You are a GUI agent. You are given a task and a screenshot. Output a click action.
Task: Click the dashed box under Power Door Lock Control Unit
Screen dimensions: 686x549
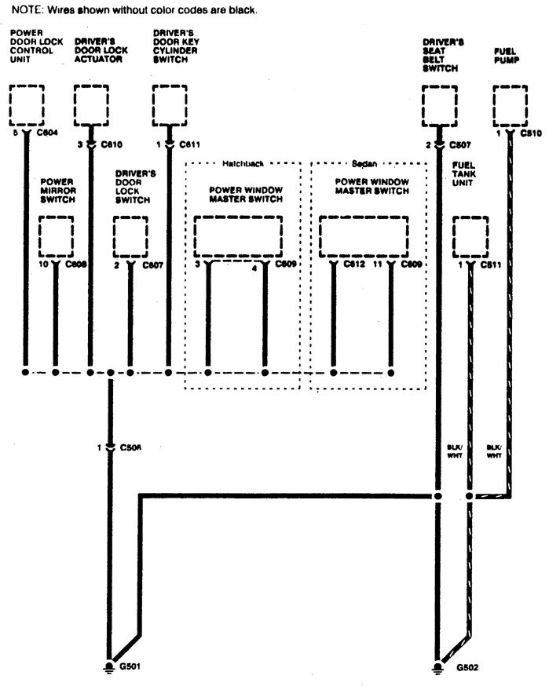click(x=26, y=104)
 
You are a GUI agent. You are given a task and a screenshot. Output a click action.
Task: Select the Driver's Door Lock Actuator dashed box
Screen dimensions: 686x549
click(x=92, y=104)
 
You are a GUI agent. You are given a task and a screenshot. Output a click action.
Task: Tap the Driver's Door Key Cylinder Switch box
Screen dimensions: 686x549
click(x=170, y=104)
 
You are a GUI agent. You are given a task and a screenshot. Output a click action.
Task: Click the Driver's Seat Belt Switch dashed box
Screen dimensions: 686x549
click(x=440, y=104)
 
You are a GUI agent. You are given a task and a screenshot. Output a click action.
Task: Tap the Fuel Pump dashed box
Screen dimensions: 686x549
click(x=511, y=104)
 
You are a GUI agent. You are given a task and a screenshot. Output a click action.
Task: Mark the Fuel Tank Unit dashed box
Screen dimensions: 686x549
click(x=471, y=235)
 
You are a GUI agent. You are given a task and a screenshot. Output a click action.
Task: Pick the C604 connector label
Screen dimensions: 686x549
click(x=43, y=145)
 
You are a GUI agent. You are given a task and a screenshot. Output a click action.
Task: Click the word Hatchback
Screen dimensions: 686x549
click(x=242, y=165)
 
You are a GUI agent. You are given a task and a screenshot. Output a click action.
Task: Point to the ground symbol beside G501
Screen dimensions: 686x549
click(x=108, y=665)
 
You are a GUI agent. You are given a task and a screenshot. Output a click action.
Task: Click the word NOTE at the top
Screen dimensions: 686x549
click(x=24, y=10)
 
